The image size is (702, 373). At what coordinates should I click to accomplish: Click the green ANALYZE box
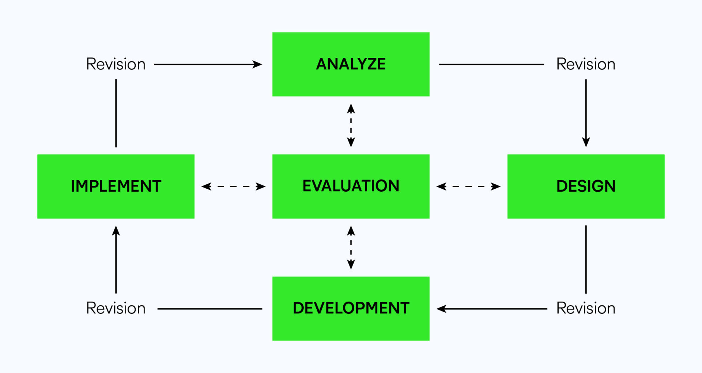pos(351,64)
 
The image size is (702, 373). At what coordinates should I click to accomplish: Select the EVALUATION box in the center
pos(351,186)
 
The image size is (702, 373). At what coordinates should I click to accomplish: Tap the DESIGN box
pos(586,186)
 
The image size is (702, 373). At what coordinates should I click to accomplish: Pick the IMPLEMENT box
pos(116,186)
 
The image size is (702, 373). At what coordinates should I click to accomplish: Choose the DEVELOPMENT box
pos(351,308)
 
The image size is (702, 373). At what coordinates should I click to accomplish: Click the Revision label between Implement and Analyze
pos(116,64)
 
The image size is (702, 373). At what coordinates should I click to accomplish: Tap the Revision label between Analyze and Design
pos(586,64)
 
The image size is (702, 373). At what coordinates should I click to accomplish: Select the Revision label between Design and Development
pos(586,308)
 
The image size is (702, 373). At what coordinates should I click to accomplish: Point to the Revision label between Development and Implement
pos(116,308)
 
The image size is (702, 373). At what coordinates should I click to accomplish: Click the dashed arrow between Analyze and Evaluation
pos(351,125)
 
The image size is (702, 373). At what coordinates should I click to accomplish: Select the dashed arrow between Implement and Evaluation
pos(233,186)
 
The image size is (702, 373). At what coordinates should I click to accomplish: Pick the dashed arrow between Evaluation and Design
pos(468,186)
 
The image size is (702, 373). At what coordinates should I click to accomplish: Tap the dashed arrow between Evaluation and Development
pos(351,248)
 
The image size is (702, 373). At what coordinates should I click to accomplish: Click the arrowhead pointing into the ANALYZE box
pos(258,64)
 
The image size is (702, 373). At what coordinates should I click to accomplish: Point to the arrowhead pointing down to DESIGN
pos(586,142)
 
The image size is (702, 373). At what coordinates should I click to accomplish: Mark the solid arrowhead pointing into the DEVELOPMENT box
pos(441,309)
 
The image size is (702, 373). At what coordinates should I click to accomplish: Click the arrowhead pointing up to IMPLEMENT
pos(116,230)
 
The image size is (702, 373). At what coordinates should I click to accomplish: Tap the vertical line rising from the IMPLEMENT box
pos(116,113)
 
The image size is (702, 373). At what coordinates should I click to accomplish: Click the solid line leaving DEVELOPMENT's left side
pos(210,309)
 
